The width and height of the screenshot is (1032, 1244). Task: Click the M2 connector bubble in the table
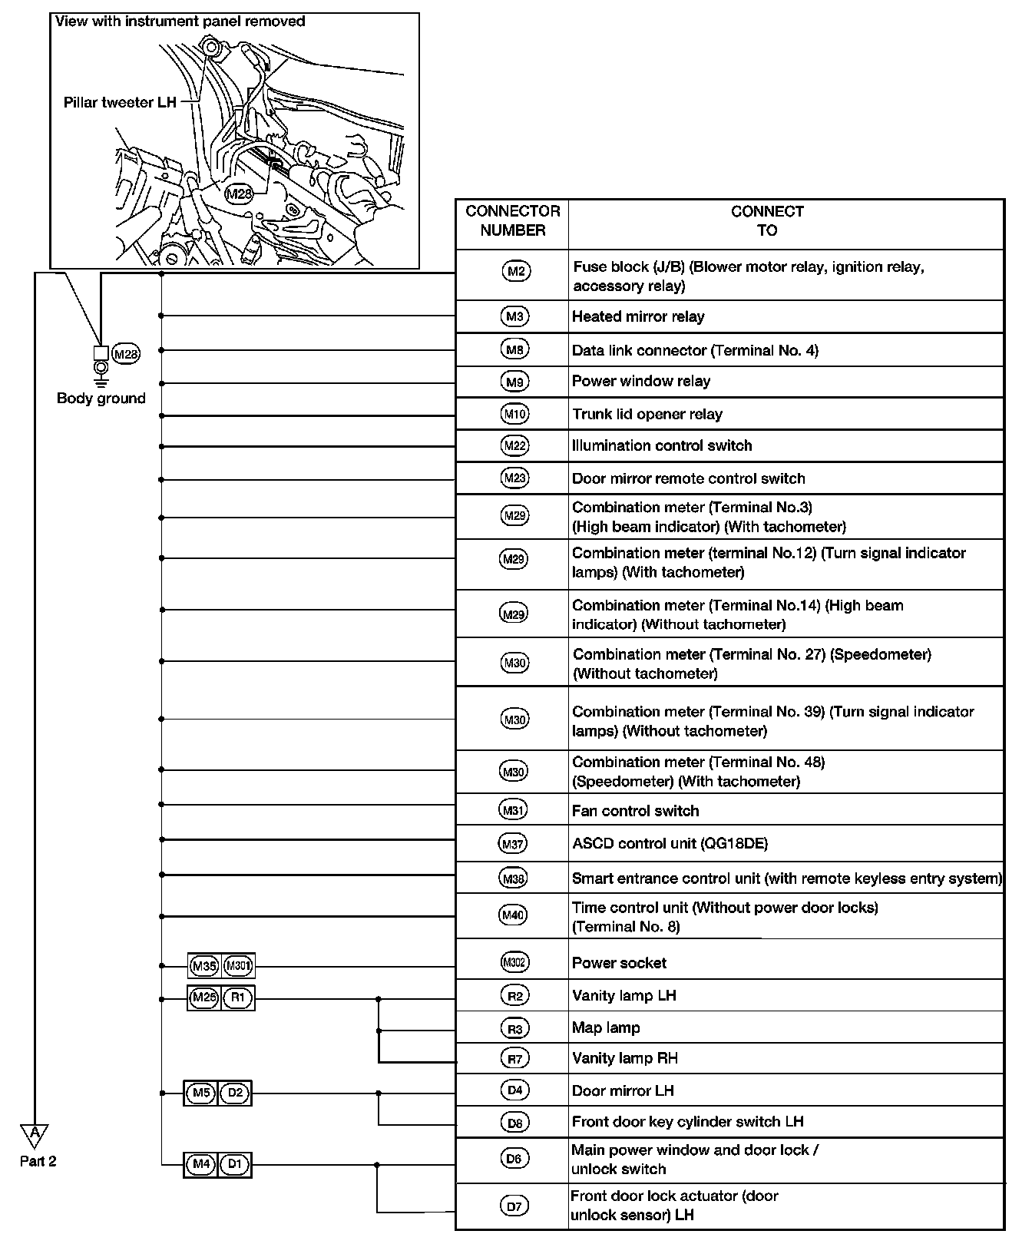coord(515,271)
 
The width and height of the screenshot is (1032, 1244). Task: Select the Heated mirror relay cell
coord(638,316)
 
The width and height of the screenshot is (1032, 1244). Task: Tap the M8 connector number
coord(514,350)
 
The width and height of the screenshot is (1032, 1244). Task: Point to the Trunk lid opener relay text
coord(647,414)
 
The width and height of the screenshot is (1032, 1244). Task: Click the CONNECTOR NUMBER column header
coord(512,220)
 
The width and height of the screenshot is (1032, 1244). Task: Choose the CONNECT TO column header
coord(767,220)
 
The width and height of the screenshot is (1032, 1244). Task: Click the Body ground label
coord(101,398)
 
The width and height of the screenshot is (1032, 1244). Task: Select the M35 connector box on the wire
coord(204,965)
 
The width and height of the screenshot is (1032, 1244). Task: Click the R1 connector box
coord(237,998)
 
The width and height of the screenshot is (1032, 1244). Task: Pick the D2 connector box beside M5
coord(235,1093)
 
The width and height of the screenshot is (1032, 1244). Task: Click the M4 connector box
coord(201,1164)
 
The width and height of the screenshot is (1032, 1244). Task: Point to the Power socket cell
coord(619,963)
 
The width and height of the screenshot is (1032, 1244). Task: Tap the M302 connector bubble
coord(514,962)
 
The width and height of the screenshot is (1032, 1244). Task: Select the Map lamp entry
coord(606,1027)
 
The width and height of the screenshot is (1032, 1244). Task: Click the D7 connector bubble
coord(514,1206)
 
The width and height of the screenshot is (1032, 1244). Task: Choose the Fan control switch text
coord(635,811)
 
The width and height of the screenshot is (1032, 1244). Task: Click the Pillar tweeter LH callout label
coord(120,102)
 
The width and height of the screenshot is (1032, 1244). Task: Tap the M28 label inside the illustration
coord(239,194)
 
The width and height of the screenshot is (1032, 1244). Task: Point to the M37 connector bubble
coord(514,844)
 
